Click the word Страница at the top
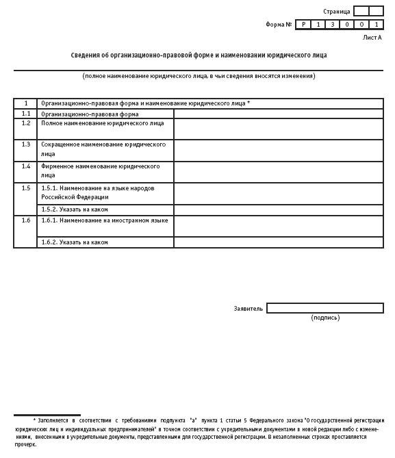(336, 12)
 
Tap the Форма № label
(279, 25)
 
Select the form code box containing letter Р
(303, 25)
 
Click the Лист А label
(372, 38)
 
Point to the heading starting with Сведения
(199, 55)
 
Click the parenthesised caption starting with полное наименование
(199, 76)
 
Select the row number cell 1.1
(25, 114)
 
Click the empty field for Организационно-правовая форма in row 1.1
(278, 114)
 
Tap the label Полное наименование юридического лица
(103, 123)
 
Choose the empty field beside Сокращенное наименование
(278, 150)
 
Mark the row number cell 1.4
(25, 166)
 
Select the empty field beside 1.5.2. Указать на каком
(278, 209)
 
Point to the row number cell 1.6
(25, 220)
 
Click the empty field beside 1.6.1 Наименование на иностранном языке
(278, 227)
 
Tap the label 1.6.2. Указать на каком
(75, 242)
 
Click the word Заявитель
(248, 309)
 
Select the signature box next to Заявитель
(324, 308)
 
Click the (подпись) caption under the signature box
(324, 318)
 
